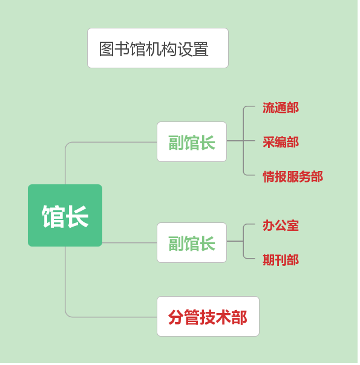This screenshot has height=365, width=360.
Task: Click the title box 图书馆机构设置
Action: [158, 48]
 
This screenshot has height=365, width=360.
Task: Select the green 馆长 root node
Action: [65, 215]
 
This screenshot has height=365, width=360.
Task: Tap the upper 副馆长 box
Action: [192, 141]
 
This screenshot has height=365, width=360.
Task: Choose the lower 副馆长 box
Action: [192, 242]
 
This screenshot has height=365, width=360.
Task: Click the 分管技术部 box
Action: [208, 316]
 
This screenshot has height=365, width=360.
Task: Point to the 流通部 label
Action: [281, 108]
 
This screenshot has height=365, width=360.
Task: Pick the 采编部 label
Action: [281, 142]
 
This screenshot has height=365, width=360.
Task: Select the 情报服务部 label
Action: [293, 176]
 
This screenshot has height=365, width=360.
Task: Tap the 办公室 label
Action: [281, 225]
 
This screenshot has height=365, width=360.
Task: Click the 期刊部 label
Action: [281, 260]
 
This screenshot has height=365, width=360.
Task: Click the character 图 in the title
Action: [106, 49]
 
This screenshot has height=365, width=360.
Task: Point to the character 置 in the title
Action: [201, 49]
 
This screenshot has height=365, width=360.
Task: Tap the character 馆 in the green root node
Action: [53, 216]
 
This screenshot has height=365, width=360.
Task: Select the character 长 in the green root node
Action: [77, 216]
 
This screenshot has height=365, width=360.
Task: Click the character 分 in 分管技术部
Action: [176, 317]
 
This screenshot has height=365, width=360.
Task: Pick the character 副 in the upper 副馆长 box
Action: [176, 143]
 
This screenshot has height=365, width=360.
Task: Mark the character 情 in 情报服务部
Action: [269, 176]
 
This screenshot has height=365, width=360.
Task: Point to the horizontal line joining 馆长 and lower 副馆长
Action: [129, 242]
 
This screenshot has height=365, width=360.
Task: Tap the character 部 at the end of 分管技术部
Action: [240, 317]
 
